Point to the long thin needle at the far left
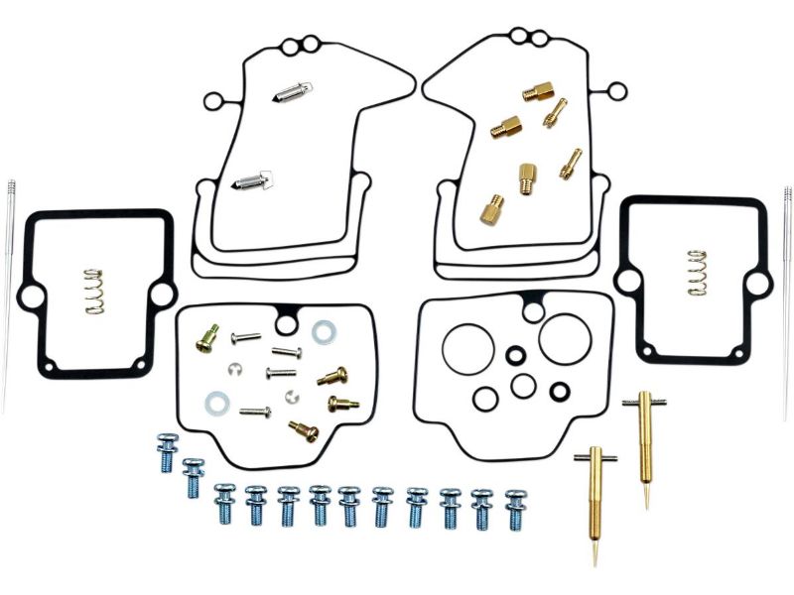9,288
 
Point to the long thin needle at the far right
787,288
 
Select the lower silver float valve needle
253,179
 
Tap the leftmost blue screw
166,456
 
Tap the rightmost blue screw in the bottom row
515,509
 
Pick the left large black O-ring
467,348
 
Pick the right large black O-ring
566,338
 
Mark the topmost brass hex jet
538,92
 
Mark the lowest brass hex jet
491,208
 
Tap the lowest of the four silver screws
255,411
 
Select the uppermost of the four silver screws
245,337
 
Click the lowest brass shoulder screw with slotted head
303,428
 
